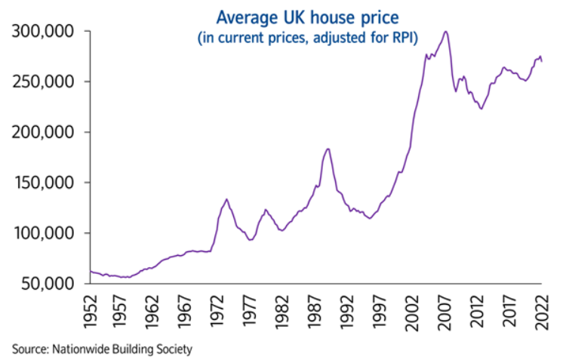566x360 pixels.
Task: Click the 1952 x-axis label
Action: pyautogui.click(x=91, y=311)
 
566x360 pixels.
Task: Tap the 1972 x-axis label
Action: pyautogui.click(x=220, y=311)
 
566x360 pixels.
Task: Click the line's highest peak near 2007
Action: pyautogui.click(x=446, y=32)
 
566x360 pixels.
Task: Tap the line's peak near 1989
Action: pyautogui.click(x=328, y=149)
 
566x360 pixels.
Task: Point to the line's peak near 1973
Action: pyautogui.click(x=226, y=199)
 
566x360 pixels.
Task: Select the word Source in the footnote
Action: pyautogui.click(x=26, y=349)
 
